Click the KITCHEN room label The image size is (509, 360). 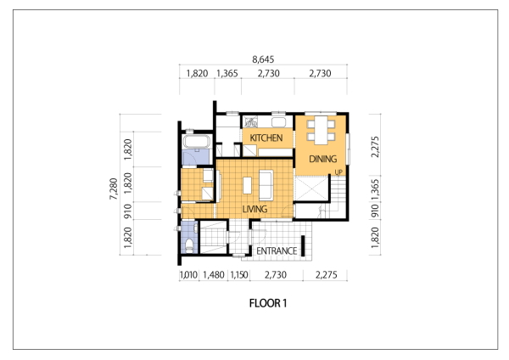(266, 138)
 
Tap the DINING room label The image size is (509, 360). (322, 159)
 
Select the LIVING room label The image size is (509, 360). (255, 209)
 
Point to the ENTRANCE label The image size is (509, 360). (277, 250)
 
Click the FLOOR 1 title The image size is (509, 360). (268, 303)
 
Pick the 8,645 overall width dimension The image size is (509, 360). (263, 59)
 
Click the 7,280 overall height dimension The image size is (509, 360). (114, 188)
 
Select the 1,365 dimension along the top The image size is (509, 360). (227, 73)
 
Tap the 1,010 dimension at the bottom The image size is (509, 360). (188, 275)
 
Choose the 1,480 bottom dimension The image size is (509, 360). (214, 275)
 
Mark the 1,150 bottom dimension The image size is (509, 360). (239, 275)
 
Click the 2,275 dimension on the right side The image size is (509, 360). (375, 147)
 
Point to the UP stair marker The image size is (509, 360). (338, 172)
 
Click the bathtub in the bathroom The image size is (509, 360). (197, 141)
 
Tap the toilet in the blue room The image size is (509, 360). (189, 246)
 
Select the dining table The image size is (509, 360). (321, 130)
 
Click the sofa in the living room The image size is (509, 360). (266, 185)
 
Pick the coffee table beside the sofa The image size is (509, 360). (248, 185)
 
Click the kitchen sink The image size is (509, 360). (278, 122)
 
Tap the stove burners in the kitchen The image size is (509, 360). (251, 122)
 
